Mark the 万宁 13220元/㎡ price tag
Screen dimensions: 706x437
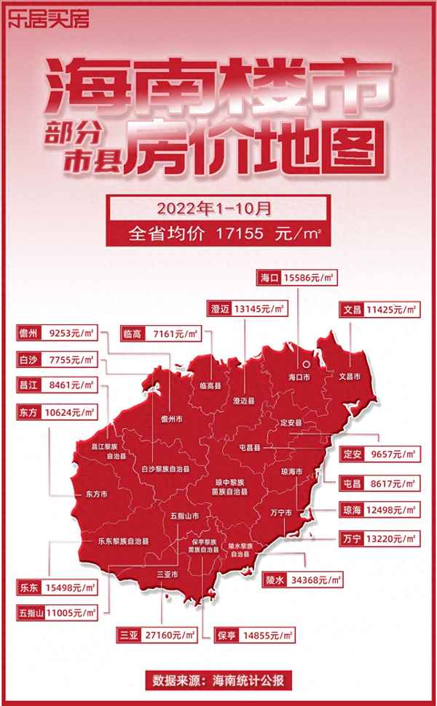point(379,539)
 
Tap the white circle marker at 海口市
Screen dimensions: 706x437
point(307,365)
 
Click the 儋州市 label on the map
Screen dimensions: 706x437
point(172,419)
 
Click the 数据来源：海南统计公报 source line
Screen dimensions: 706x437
point(219,681)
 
